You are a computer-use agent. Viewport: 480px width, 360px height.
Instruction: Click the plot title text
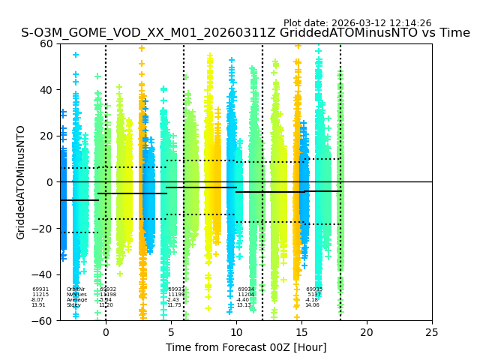[245, 33]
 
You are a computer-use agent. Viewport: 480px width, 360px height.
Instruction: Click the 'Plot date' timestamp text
[357, 23]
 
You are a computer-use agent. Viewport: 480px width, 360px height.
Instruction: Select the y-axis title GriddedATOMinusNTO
[21, 182]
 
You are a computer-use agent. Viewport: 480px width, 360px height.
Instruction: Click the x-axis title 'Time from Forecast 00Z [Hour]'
[246, 347]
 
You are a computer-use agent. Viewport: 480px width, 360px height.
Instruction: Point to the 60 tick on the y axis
[46, 43]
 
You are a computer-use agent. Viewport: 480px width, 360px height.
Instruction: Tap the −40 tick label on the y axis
[43, 274]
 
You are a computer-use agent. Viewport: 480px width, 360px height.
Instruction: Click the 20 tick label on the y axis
[46, 136]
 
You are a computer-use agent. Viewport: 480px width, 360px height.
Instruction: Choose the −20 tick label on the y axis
[43, 228]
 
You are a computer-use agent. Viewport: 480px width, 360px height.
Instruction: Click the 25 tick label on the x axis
[432, 331]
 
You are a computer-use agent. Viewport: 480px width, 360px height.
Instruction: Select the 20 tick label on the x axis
[367, 331]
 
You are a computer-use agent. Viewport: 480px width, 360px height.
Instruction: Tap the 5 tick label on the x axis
[171, 331]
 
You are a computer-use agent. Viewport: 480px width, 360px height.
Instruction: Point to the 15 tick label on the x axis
[301, 331]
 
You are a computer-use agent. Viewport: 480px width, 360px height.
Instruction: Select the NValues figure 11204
[246, 295]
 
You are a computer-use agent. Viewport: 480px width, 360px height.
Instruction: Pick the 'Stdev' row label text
[73, 305]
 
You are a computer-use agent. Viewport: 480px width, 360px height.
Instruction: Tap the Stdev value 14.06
[312, 305]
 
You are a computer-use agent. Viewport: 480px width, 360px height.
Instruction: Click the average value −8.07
[37, 300]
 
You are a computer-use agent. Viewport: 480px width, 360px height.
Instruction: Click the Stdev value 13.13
[244, 305]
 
